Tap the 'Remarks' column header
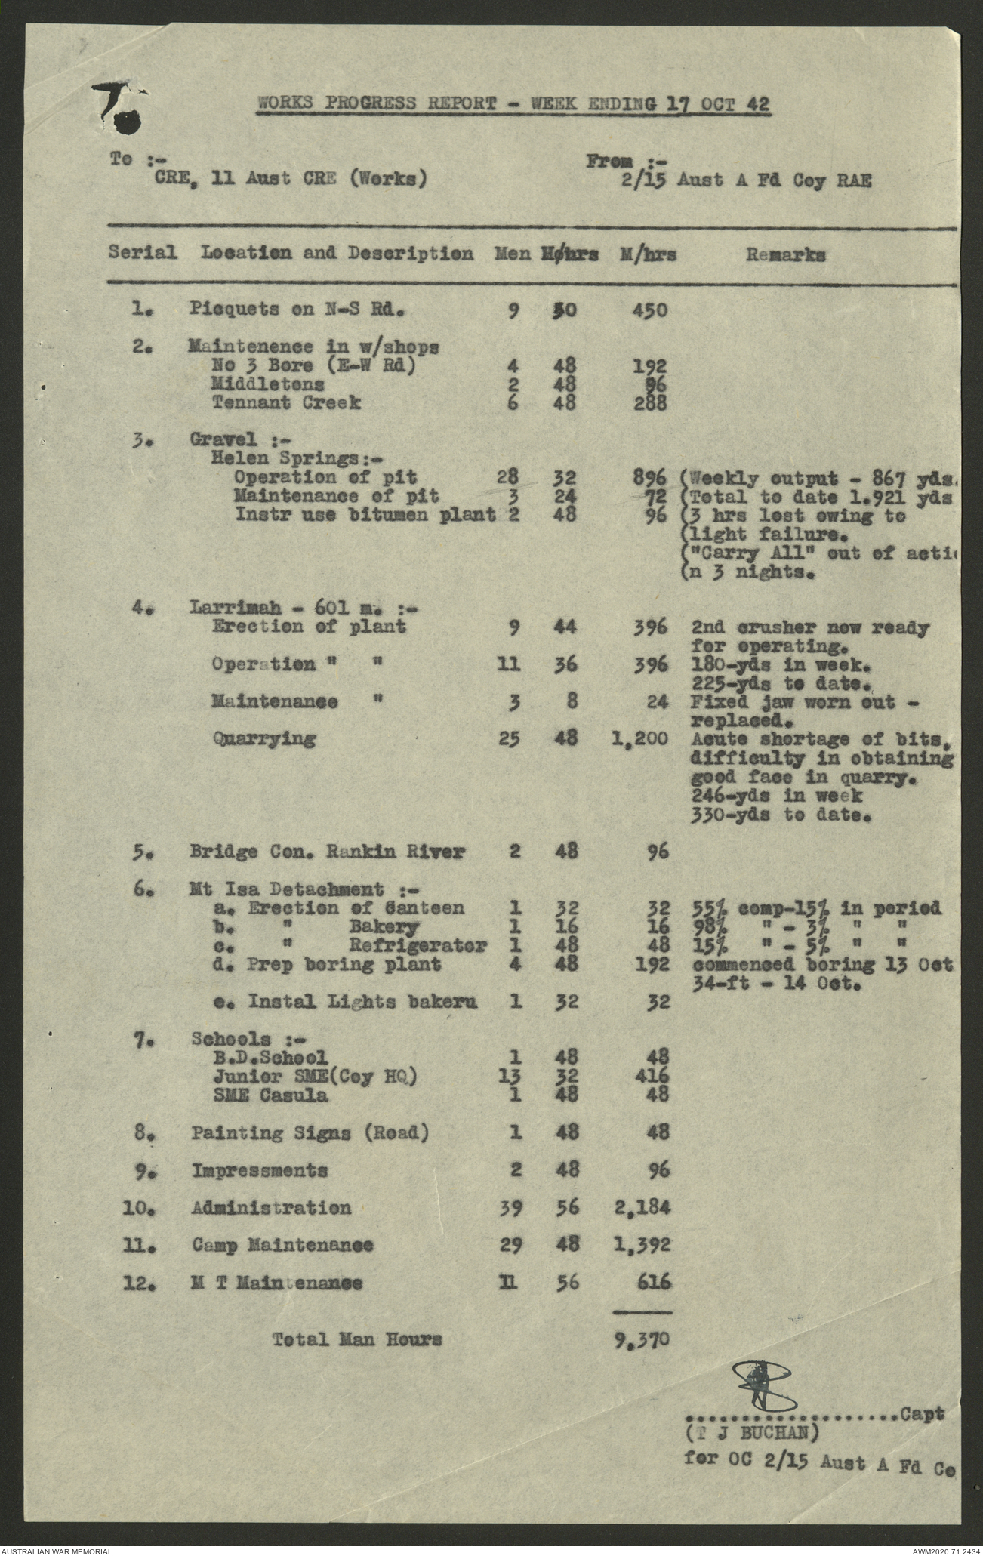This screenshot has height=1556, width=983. [785, 254]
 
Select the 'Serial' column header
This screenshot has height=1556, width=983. [143, 252]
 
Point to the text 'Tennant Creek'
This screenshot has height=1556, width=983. [285, 402]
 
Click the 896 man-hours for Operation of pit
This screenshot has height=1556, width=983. [650, 478]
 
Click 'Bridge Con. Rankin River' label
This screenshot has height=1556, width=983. [327, 852]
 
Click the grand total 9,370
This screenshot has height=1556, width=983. [643, 1339]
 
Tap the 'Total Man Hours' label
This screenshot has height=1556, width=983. [356, 1339]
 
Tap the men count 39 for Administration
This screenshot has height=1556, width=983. [510, 1208]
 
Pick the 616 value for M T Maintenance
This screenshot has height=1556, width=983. [650, 1282]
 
